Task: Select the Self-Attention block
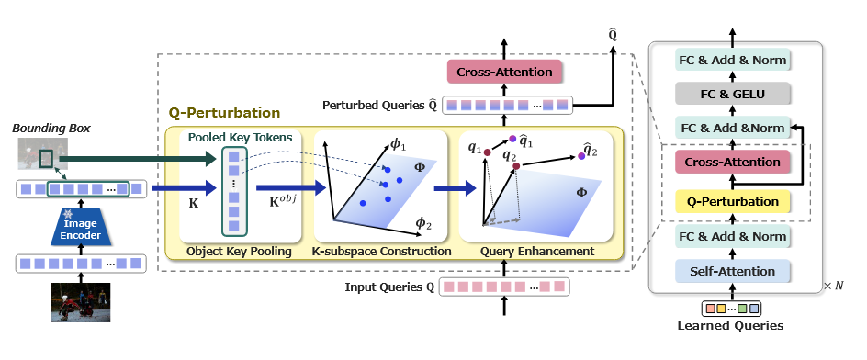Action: pyautogui.click(x=733, y=272)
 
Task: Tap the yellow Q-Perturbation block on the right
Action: pyautogui.click(x=733, y=202)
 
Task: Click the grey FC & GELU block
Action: pyautogui.click(x=733, y=94)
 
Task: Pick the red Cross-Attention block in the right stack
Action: pyautogui.click(x=733, y=163)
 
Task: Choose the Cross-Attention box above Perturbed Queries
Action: pyautogui.click(x=504, y=73)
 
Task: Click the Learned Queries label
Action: pyautogui.click(x=730, y=325)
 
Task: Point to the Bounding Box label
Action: pyautogui.click(x=51, y=129)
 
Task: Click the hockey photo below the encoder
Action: pyautogui.click(x=81, y=302)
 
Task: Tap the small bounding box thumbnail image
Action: pyautogui.click(x=42, y=153)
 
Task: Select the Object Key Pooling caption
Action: pyautogui.click(x=239, y=252)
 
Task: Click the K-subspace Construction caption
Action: pyautogui.click(x=381, y=252)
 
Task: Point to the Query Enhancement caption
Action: pyautogui.click(x=537, y=252)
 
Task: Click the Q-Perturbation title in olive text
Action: pyautogui.click(x=224, y=113)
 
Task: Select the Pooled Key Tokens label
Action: pyautogui.click(x=240, y=138)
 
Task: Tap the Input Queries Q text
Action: pyautogui.click(x=389, y=287)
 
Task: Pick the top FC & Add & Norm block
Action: pyautogui.click(x=733, y=60)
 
